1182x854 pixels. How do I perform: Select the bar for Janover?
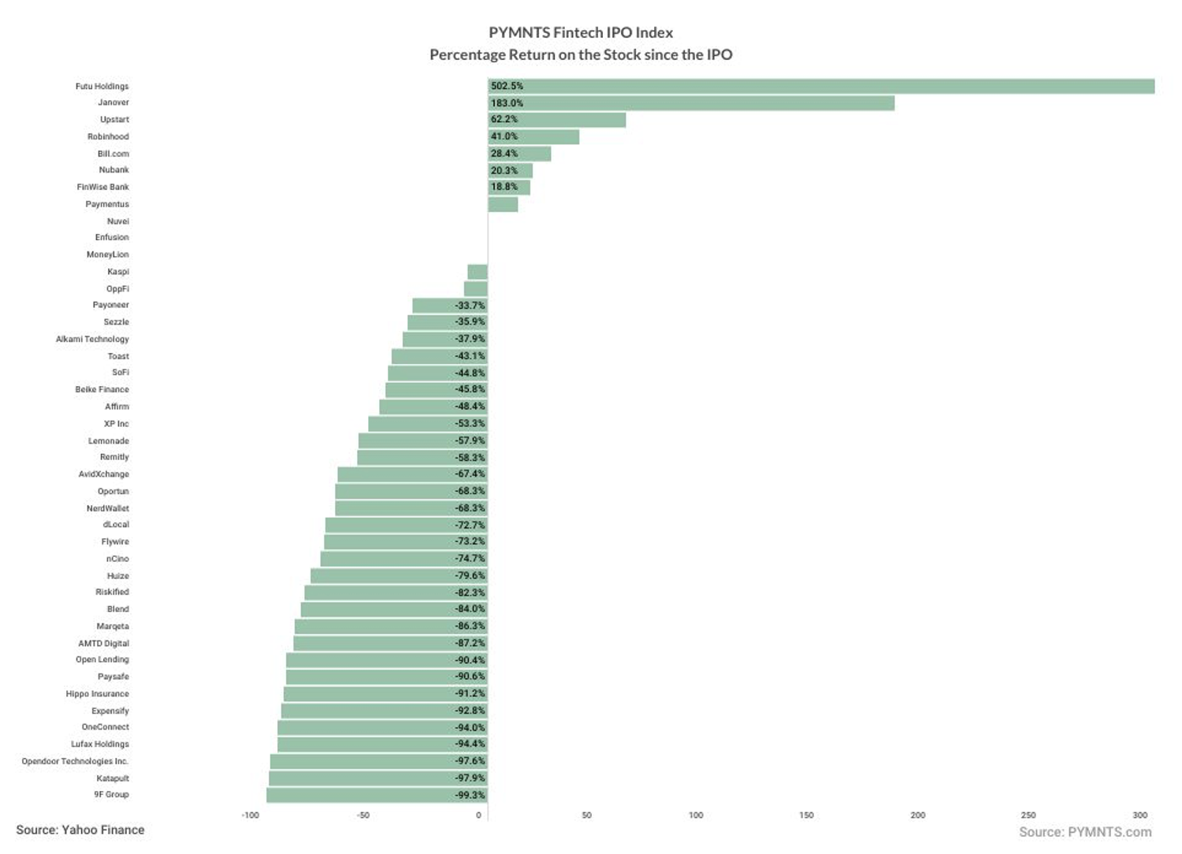click(x=691, y=103)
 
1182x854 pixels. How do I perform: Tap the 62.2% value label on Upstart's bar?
click(x=504, y=120)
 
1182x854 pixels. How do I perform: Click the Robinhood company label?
click(x=108, y=137)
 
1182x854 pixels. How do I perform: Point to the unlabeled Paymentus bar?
click(x=503, y=205)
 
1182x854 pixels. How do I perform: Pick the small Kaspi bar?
click(x=478, y=272)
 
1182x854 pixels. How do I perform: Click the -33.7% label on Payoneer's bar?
click(x=470, y=306)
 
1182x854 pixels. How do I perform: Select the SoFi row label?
click(x=121, y=373)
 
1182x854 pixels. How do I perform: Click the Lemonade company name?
click(x=109, y=441)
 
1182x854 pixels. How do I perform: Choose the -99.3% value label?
click(x=470, y=795)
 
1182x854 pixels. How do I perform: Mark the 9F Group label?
click(x=111, y=794)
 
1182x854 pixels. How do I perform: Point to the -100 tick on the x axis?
click(x=250, y=815)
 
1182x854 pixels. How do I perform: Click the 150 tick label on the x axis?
click(x=806, y=815)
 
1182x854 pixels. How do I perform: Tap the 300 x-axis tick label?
click(x=1140, y=815)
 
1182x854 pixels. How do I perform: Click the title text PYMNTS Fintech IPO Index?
click(x=581, y=33)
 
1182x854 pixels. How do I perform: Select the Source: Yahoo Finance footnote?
click(x=80, y=830)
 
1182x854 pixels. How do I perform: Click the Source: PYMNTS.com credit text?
click(x=1085, y=833)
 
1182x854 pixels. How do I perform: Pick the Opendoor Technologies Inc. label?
click(x=75, y=761)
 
